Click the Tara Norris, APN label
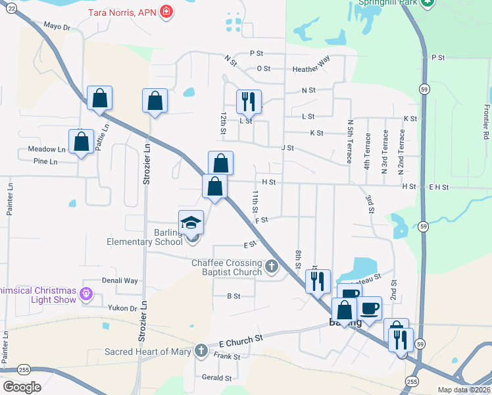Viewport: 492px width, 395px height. click(x=122, y=12)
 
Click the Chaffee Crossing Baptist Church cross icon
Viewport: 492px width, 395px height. click(x=272, y=267)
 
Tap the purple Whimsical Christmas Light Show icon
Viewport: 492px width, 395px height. click(x=85, y=293)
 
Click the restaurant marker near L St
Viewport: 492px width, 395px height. click(x=249, y=101)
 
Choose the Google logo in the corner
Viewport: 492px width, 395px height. click(x=22, y=387)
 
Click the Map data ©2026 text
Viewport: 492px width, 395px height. click(x=464, y=390)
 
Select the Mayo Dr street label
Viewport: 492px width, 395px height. click(x=57, y=26)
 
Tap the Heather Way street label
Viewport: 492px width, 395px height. click(x=311, y=68)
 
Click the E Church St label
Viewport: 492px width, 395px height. click(x=241, y=340)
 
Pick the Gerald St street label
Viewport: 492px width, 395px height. click(x=217, y=378)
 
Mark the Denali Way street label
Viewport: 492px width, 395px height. click(x=120, y=280)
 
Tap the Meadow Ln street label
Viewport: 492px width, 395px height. click(x=47, y=149)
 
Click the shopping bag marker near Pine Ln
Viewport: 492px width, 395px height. click(x=81, y=142)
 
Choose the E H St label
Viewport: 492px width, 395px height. click(x=438, y=187)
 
